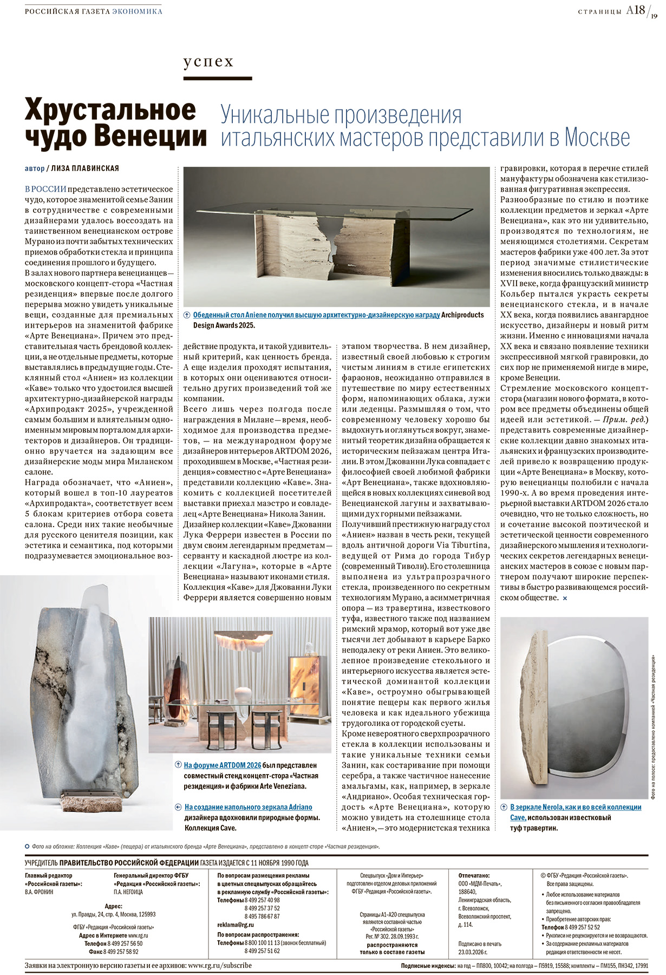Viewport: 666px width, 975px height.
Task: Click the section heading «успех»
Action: [x=208, y=62]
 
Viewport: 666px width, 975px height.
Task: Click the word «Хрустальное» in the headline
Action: [x=110, y=110]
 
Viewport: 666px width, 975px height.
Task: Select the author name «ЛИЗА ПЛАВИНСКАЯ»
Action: [x=84, y=168]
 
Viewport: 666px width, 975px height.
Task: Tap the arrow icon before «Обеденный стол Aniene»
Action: [x=187, y=315]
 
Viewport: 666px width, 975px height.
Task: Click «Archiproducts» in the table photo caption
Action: [x=463, y=315]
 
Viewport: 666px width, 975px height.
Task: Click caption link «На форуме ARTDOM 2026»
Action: [x=223, y=765]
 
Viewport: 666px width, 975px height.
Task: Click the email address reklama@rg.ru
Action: [x=236, y=925]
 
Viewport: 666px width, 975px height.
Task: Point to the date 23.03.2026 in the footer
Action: [x=473, y=952]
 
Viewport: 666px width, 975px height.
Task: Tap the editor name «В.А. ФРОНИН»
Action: [x=39, y=892]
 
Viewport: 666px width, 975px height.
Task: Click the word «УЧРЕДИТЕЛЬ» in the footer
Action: [x=41, y=863]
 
